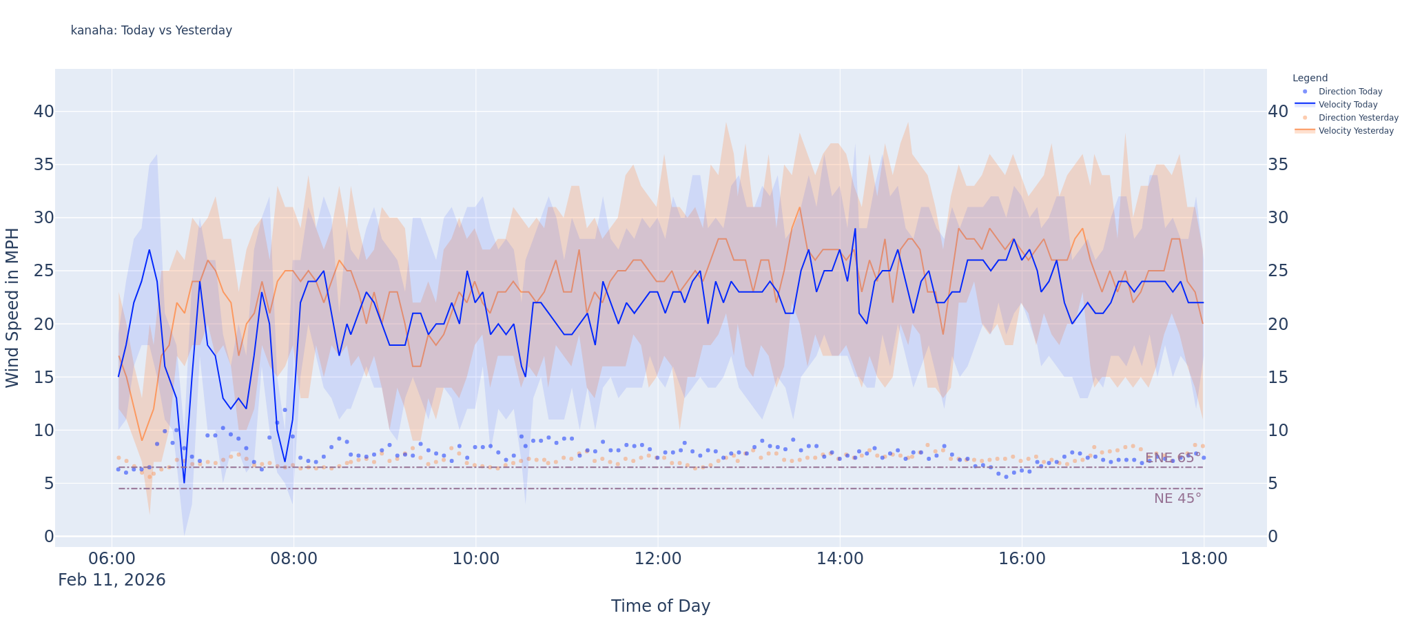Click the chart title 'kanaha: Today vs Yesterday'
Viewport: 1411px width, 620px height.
point(152,30)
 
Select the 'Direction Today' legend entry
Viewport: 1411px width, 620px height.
point(1350,92)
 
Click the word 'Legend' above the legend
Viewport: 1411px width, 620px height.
point(1310,79)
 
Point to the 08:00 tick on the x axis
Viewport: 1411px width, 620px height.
point(293,559)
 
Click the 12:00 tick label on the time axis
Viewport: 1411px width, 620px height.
point(657,559)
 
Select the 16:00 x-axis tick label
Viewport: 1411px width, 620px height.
point(1022,559)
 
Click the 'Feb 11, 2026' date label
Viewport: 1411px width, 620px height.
point(112,580)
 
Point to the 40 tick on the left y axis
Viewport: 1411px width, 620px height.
point(43,112)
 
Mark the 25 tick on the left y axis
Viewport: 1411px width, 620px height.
point(43,271)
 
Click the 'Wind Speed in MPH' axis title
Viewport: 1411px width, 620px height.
point(12,307)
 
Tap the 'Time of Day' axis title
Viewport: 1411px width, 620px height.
point(660,606)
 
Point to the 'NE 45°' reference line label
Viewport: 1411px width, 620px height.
point(1177,499)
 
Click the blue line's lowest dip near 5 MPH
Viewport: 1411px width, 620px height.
point(184,483)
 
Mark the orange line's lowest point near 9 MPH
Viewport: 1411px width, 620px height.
point(141,440)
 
